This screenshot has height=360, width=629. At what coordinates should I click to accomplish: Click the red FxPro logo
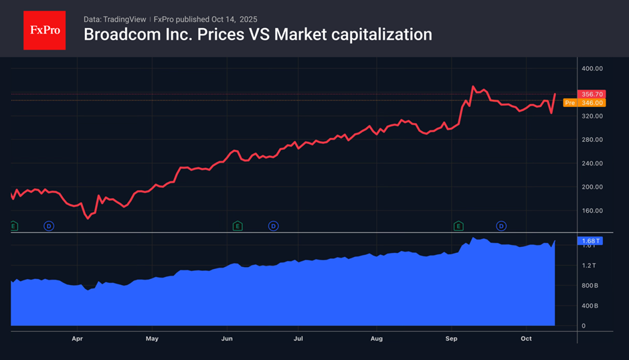coord(45,30)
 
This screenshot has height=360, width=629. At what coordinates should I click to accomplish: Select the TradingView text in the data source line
coord(127,19)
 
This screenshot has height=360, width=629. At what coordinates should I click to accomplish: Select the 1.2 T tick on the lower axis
coord(589,266)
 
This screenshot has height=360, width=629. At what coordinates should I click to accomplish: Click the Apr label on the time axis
coord(78,339)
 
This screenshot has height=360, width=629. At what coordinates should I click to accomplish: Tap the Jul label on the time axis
coord(298,339)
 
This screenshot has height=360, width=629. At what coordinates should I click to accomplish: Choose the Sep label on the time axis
coord(451,339)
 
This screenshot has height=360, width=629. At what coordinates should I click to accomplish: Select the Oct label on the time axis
coord(526,339)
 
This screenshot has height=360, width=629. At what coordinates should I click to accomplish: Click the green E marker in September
coord(458,226)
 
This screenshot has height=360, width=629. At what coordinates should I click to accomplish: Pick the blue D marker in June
coord(273,226)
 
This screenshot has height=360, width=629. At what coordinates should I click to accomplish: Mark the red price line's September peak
coord(473,86)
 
